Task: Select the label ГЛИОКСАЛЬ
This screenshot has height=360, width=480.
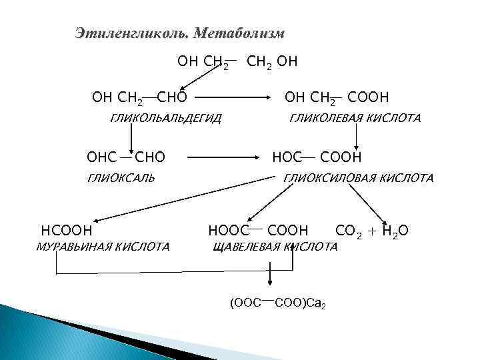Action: (121, 178)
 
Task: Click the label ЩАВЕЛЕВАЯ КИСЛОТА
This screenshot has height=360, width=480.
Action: (275, 247)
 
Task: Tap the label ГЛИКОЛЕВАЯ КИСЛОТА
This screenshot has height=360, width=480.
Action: (354, 119)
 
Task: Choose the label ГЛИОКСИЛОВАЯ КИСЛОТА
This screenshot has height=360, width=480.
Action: (358, 178)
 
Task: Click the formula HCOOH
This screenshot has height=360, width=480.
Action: (66, 231)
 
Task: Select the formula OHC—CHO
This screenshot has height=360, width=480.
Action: (126, 158)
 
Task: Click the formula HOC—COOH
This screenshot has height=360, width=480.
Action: (317, 158)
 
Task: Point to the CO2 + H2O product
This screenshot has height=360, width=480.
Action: (372, 231)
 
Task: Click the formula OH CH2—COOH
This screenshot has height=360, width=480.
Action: (337, 99)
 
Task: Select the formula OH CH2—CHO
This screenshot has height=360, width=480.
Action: (139, 99)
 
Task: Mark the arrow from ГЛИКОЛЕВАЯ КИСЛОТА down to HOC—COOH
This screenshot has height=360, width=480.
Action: (357, 137)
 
